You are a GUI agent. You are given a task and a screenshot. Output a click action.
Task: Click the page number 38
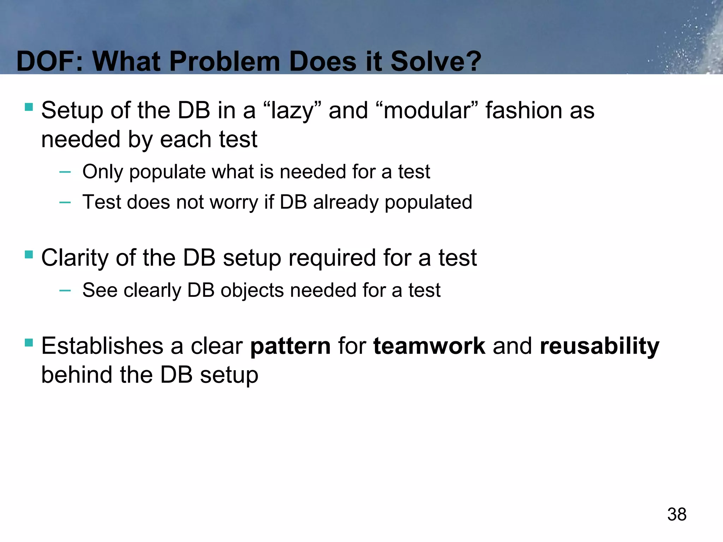(676, 514)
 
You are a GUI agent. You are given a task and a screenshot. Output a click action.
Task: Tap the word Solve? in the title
(436, 61)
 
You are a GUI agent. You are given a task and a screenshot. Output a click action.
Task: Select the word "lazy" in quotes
(292, 110)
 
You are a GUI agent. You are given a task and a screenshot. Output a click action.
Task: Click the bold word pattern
(290, 346)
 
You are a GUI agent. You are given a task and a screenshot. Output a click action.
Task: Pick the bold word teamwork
(429, 346)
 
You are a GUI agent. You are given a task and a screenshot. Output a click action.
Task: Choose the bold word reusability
(599, 346)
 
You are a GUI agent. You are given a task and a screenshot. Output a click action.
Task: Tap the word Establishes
(102, 346)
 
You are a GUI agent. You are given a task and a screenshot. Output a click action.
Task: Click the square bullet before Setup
(29, 107)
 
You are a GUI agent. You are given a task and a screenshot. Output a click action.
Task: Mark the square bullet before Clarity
(29, 254)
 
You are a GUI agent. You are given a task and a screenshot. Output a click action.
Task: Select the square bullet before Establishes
(29, 342)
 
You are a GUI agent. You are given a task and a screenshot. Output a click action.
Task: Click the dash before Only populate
(65, 172)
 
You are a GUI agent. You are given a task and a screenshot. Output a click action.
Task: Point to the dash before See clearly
(65, 290)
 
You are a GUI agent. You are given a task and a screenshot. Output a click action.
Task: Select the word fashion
(523, 110)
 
